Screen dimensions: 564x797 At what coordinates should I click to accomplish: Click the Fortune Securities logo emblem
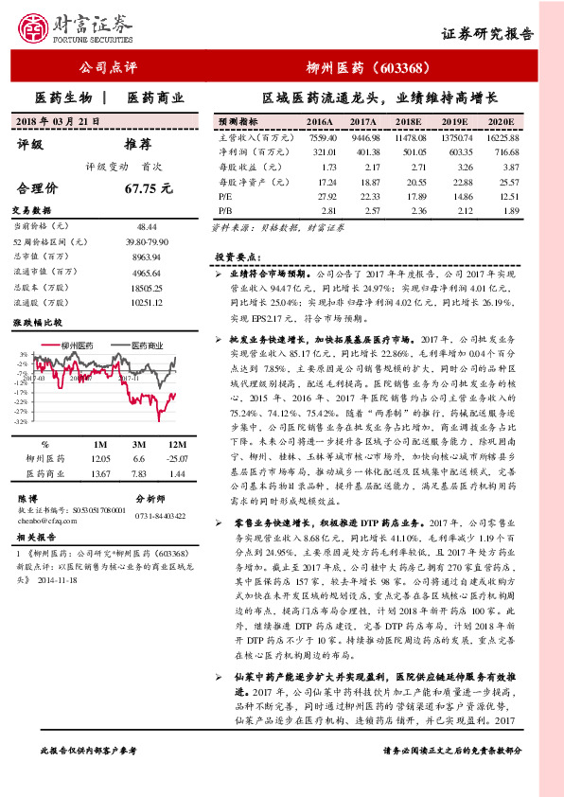(x=35, y=28)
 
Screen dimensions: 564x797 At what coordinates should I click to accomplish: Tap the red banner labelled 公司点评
(x=106, y=67)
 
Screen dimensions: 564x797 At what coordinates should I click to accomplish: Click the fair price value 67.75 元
(x=149, y=188)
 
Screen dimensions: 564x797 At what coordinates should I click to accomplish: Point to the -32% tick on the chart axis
(x=22, y=421)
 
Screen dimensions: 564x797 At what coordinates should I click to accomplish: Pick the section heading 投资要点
(x=237, y=257)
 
